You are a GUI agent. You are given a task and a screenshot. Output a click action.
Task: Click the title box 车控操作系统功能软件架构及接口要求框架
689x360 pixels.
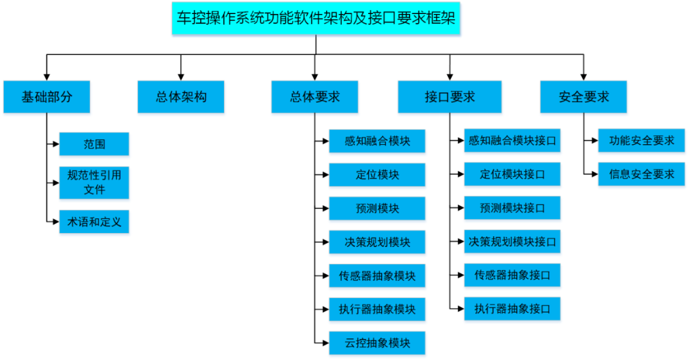[316, 19]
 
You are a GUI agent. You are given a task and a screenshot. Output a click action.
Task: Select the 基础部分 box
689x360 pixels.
[47, 98]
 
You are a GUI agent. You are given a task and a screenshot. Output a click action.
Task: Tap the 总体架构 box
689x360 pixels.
[181, 98]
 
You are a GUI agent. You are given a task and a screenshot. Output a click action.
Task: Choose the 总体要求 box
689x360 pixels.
[315, 98]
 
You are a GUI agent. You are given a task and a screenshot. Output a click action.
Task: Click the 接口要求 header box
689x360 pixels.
[450, 98]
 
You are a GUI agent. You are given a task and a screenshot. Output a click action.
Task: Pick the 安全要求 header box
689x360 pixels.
[584, 98]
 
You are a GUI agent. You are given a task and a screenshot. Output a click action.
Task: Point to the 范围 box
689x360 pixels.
[94, 145]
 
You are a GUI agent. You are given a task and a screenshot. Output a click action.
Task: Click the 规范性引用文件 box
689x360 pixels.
[94, 183]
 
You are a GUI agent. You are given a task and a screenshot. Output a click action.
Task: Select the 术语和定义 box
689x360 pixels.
[94, 223]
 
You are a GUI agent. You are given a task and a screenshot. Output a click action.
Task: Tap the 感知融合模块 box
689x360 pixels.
[378, 142]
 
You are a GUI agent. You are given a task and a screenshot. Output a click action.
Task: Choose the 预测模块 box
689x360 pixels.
[378, 209]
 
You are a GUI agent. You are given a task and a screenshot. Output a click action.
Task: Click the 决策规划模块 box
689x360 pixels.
[378, 243]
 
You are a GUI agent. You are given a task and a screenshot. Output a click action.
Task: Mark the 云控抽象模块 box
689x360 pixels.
[378, 343]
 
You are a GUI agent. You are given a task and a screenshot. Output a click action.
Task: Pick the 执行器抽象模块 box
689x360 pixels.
[378, 310]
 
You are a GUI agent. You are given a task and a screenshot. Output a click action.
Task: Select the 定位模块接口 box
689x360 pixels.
[513, 175]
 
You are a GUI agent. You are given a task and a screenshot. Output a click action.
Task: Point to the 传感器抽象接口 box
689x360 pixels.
[513, 276]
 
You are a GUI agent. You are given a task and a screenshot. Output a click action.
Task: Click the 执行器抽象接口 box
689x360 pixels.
[513, 310]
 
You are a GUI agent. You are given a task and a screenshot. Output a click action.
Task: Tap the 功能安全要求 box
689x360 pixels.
[642, 141]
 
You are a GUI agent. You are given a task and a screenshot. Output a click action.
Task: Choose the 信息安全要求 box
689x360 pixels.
[642, 175]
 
